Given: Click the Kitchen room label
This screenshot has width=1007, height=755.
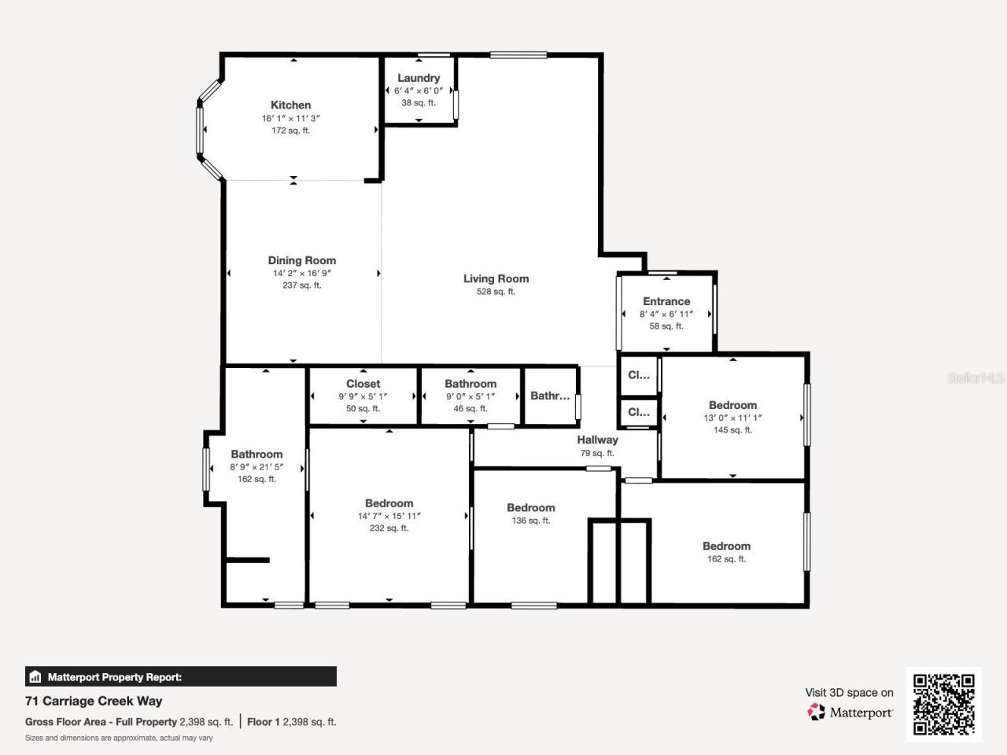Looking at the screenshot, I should [290, 105].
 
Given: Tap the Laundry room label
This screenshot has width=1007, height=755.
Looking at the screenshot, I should [418, 78].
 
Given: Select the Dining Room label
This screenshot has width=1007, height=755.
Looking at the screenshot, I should [301, 260].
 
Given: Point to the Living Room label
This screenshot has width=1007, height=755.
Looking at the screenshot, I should [496, 278].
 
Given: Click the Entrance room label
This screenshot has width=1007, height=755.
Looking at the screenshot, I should [666, 301].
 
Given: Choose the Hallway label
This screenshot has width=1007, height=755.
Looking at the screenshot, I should [597, 440].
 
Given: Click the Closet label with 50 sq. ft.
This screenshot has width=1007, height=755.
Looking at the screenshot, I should [363, 384].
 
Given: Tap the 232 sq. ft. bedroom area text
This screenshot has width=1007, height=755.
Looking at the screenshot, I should [389, 528].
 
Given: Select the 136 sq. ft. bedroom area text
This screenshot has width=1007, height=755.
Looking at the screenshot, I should [530, 521].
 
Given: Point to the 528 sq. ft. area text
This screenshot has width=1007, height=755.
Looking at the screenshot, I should [496, 292].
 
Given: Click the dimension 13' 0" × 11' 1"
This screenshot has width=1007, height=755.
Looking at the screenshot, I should [732, 418].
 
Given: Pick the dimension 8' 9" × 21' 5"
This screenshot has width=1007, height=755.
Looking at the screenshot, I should [256, 467].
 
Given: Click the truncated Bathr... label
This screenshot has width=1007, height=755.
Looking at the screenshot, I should [549, 396].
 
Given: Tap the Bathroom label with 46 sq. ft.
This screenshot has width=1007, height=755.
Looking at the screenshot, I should [470, 384].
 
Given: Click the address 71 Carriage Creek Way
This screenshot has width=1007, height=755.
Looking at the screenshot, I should [94, 701].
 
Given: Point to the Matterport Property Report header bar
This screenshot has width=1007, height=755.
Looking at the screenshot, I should [181, 676].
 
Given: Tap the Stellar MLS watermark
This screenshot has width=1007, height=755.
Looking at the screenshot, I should [975, 378].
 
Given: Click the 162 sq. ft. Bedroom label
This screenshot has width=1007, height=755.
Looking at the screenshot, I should [726, 546].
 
